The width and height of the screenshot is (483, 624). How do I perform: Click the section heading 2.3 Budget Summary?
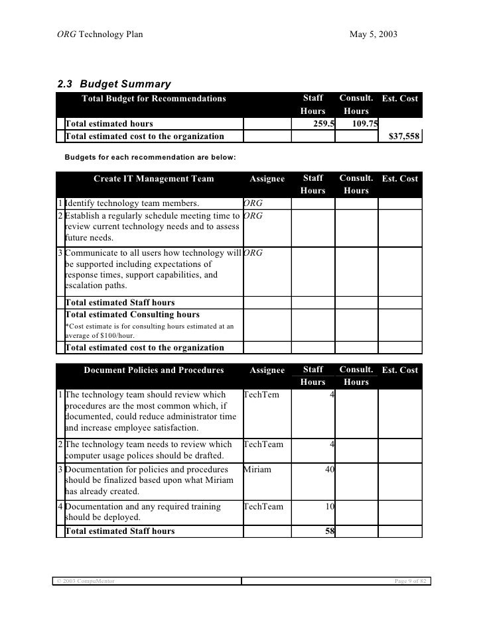[114, 84]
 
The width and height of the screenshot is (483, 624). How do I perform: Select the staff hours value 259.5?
[323, 123]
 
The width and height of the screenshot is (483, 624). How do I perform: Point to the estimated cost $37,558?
[403, 136]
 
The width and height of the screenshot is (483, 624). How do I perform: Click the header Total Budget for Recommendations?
[153, 99]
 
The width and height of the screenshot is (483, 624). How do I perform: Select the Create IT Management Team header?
[153, 179]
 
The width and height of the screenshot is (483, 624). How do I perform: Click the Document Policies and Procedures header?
[153, 370]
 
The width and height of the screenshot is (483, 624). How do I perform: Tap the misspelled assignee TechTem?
[261, 395]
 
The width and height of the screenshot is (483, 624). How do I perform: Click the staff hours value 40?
[328, 469]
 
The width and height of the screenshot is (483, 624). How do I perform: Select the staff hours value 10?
[328, 507]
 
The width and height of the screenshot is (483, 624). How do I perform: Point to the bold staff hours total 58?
[328, 531]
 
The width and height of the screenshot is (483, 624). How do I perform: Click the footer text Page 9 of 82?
[407, 581]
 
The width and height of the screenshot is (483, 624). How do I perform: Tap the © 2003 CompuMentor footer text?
[84, 581]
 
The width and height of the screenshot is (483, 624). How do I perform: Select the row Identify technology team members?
[133, 203]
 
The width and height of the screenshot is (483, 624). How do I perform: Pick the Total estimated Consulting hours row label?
[132, 315]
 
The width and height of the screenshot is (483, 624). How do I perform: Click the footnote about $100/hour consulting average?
[149, 331]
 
